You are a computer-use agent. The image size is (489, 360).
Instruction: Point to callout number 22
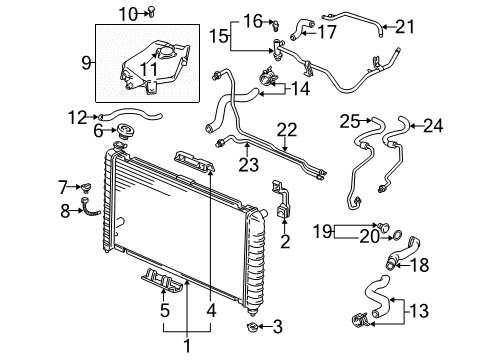[x=287, y=129]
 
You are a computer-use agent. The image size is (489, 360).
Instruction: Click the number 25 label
[x=348, y=124]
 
